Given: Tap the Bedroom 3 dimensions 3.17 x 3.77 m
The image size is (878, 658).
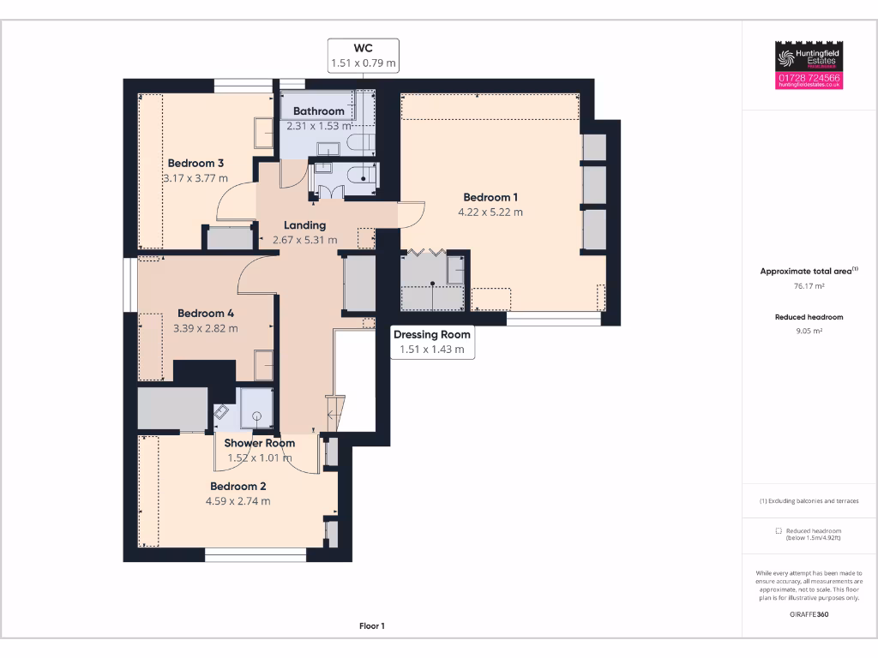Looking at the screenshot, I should coord(195,178).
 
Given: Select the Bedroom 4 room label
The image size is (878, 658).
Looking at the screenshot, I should coord(206,313).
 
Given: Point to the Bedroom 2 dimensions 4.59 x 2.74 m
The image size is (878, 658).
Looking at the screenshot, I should coord(238,501).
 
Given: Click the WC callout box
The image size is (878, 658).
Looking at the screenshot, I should coord(364,56).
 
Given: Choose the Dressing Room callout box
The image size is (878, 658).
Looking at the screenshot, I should coord(432,341).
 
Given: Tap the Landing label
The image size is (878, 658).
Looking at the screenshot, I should coord(304,225).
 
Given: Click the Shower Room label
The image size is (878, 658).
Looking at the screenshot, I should coord(260,443).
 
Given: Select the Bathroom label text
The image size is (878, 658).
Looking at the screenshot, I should coord(319,111).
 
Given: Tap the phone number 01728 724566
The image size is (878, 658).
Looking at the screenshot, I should coord(809,78).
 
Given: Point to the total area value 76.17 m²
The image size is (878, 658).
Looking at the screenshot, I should coord(810,287).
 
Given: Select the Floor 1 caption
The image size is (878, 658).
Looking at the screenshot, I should coord(372,626).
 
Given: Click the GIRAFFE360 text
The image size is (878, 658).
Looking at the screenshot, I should coord(810,614).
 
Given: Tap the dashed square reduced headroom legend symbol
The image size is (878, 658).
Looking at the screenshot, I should coord(778,531).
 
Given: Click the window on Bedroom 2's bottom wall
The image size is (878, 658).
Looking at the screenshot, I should coord(256,555).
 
